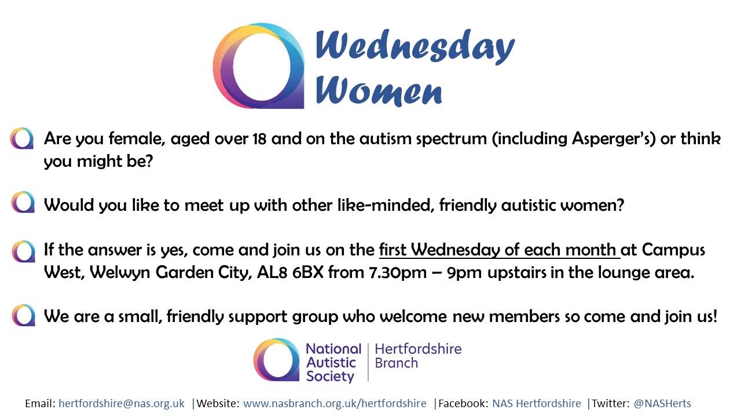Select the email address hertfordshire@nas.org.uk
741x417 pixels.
pyautogui.click(x=122, y=404)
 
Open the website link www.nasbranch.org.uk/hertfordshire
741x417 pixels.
pyautogui.click(x=335, y=404)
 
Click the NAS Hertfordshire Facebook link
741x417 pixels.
pyautogui.click(x=537, y=404)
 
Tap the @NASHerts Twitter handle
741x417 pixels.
pyautogui.click(x=662, y=404)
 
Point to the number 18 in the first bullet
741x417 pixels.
pyautogui.click(x=259, y=138)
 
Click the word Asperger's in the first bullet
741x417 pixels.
pyautogui.click(x=611, y=138)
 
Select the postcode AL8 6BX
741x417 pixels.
pyautogui.click(x=290, y=273)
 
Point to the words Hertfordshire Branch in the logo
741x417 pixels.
pyautogui.click(x=418, y=356)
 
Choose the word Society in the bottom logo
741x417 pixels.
pyautogui.click(x=330, y=376)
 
